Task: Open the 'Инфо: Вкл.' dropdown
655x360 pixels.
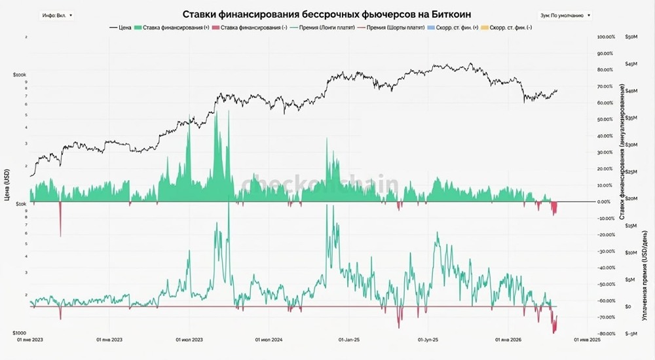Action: point(58,14)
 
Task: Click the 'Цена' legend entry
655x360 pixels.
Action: point(122,27)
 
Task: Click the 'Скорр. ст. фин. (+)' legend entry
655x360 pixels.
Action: point(453,27)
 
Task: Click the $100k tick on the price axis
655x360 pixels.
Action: point(18,75)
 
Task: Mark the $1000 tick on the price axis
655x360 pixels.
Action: point(18,333)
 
